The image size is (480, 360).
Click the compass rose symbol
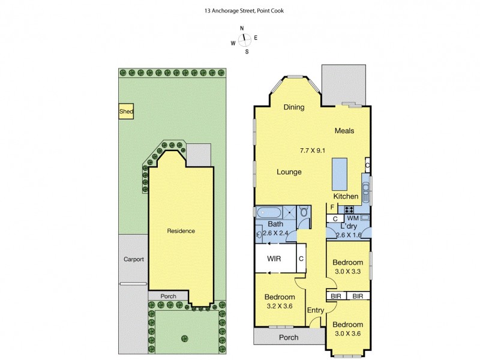(x=244, y=40)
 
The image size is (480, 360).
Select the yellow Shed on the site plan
(x=126, y=112)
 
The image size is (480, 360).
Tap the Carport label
(x=133, y=259)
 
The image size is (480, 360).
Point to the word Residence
(x=181, y=231)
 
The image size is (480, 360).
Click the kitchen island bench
(x=339, y=173)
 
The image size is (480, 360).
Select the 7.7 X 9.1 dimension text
(x=312, y=150)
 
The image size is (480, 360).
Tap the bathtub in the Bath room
(x=268, y=212)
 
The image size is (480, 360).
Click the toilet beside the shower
(x=304, y=212)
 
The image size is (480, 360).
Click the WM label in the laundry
(x=352, y=218)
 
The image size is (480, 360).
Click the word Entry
(x=316, y=310)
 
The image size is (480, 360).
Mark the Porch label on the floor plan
(x=289, y=337)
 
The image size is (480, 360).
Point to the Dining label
(x=294, y=107)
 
